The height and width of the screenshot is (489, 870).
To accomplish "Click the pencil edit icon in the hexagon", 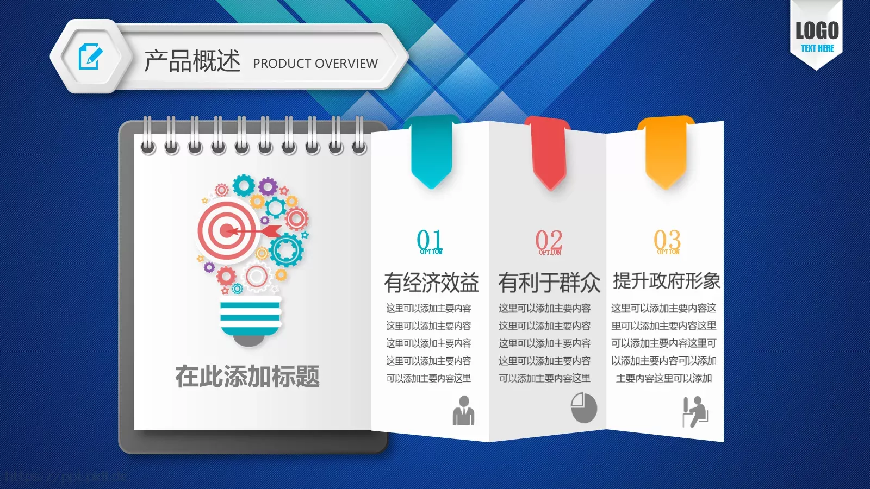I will [90, 57].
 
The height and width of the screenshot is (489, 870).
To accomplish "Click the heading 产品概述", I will [192, 60].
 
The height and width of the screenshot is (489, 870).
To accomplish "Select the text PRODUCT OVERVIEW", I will [315, 64].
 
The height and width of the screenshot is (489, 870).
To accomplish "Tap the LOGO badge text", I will [817, 30].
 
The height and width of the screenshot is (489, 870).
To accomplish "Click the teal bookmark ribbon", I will [432, 152].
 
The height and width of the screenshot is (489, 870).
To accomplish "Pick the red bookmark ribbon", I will [549, 154].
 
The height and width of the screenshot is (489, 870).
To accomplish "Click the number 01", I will [430, 240].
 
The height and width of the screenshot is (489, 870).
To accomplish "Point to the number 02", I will [548, 241].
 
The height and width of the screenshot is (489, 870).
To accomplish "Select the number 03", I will [667, 240].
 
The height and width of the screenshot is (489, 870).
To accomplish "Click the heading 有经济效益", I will [431, 283].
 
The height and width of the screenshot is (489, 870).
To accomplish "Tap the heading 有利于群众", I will [549, 283].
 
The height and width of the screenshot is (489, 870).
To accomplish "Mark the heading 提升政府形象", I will [666, 281].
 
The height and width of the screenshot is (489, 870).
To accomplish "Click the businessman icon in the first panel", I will [464, 411].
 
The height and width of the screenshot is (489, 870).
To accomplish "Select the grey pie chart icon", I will [584, 407].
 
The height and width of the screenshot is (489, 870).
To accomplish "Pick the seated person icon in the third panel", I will [695, 411].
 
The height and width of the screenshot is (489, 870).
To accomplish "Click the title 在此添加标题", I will [247, 376].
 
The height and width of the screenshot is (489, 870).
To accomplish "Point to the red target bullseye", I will [227, 230].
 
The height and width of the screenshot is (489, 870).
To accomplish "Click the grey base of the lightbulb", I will [248, 340].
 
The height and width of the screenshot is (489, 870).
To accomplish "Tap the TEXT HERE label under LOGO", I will [817, 48].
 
